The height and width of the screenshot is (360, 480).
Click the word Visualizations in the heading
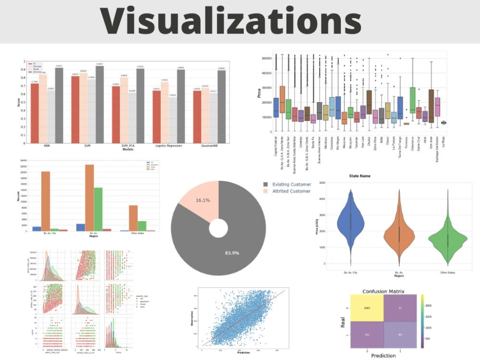[x=230, y=21]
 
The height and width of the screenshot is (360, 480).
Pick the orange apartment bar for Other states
[x=133, y=218]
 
